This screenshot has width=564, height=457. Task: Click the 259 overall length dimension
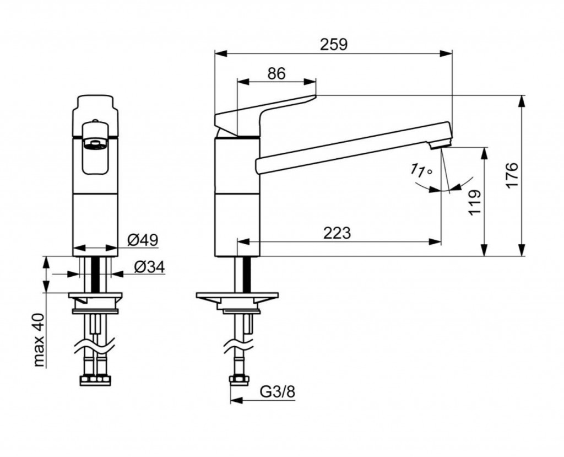(x=334, y=44)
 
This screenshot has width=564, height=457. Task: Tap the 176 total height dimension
(x=512, y=175)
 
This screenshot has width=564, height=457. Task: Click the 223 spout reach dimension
(x=337, y=233)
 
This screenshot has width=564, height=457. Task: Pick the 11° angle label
(x=421, y=171)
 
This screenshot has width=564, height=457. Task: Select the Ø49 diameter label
(x=143, y=240)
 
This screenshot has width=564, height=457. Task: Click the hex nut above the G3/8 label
(x=237, y=380)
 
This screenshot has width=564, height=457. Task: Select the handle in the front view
(x=96, y=143)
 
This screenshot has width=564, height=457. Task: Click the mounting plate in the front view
(x=96, y=301)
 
